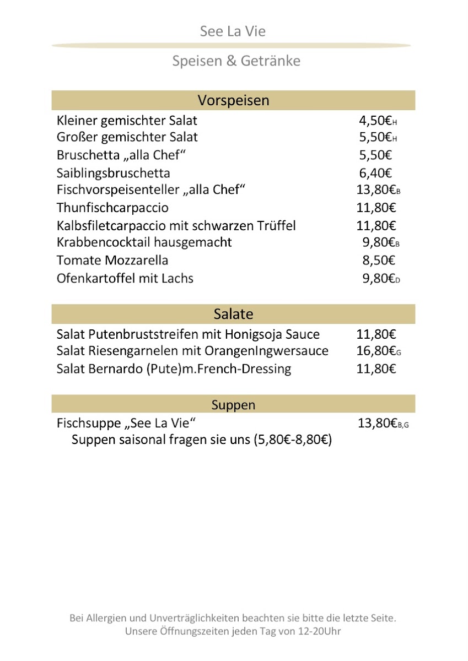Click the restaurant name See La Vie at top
click(x=233, y=31)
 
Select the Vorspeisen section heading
click(x=233, y=101)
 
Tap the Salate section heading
click(x=233, y=315)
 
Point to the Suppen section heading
click(x=233, y=405)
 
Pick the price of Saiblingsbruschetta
click(x=375, y=174)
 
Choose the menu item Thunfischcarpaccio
click(x=112, y=208)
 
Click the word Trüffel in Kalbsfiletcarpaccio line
click(x=276, y=225)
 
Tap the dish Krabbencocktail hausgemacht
click(x=144, y=242)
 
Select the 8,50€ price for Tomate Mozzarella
click(x=379, y=260)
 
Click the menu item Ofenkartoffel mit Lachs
click(x=125, y=278)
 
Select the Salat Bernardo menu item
click(x=174, y=369)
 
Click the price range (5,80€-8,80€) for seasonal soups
click(x=293, y=440)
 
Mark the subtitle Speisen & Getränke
click(x=236, y=61)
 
